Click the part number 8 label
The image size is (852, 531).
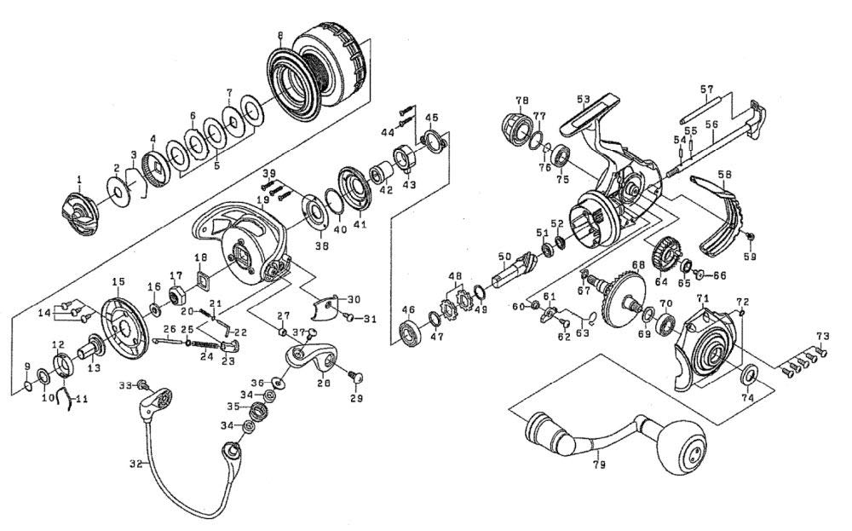click(279, 35)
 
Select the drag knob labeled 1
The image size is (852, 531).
click(79, 212)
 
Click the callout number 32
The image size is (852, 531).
click(134, 465)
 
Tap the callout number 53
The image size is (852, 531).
click(584, 100)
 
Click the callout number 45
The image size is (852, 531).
click(431, 118)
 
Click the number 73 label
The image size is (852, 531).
click(822, 335)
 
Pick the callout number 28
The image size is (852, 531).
click(324, 384)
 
